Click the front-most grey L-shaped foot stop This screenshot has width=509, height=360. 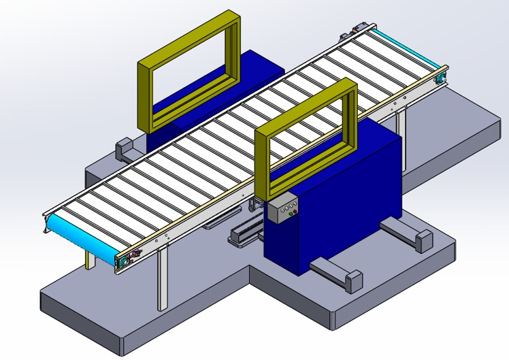pyautogui.click(x=338, y=273)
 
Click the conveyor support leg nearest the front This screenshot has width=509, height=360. pyautogui.click(x=162, y=279)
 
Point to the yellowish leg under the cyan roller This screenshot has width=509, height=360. pyautogui.click(x=89, y=259)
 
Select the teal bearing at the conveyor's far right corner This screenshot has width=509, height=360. pyautogui.click(x=442, y=76)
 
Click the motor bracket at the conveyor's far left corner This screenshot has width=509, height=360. pyautogui.click(x=355, y=31)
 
